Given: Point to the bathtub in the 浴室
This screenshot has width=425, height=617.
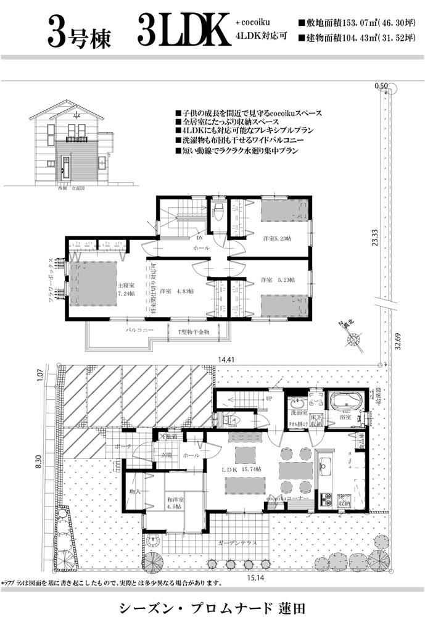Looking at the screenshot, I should pyautogui.click(x=343, y=402).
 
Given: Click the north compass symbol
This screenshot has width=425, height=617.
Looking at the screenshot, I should pyautogui.click(x=353, y=337).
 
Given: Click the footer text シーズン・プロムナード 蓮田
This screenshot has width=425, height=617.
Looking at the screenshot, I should pyautogui.click(x=212, y=602).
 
